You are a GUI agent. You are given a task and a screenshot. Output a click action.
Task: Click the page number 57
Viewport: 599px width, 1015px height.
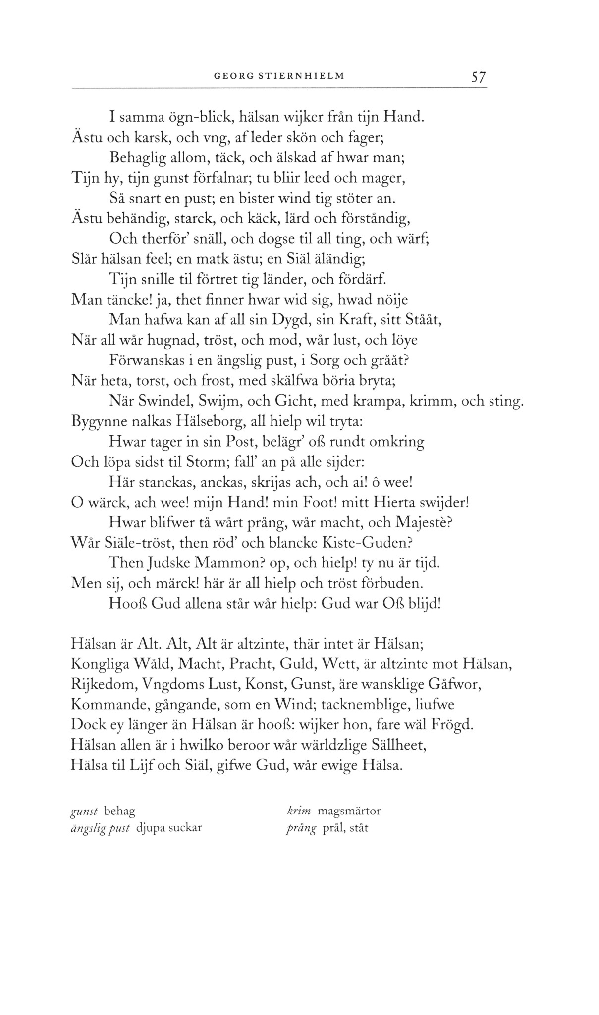(479, 77)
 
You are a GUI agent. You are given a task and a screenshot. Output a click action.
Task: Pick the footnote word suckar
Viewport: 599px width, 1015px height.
(184, 828)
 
